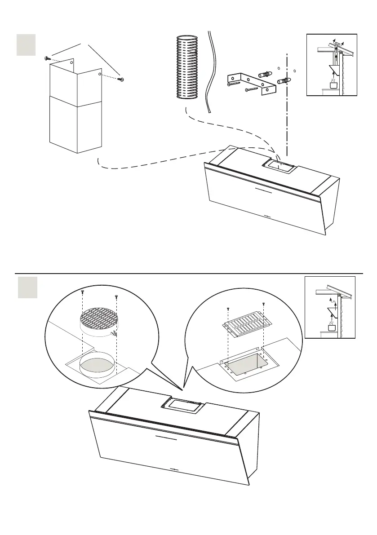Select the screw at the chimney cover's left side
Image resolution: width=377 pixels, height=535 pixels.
(47, 58)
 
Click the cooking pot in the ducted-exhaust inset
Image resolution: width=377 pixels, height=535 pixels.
(333, 85)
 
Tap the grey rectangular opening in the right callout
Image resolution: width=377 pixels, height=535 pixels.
(244, 364)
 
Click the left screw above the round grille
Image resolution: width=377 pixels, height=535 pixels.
(83, 292)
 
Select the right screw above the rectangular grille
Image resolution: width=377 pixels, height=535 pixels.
(263, 305)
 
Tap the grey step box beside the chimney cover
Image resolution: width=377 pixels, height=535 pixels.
(26, 46)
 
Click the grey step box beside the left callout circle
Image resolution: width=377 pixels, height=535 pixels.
(27, 287)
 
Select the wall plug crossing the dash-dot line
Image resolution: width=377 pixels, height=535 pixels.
(284, 81)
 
